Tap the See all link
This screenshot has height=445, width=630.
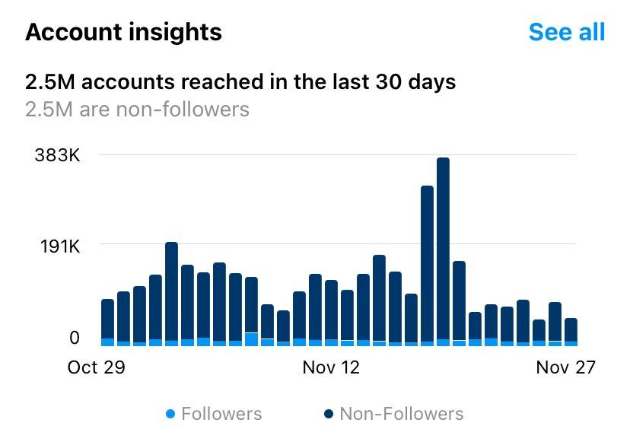coord(566,32)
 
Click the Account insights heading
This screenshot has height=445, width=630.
coord(123,32)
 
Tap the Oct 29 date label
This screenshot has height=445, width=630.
coord(96,367)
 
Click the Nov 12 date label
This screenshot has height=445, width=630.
coord(331,367)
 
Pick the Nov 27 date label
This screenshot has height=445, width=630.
coord(565,367)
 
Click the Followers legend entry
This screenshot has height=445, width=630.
coord(221,414)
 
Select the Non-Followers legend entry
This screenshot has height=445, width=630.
coord(401,414)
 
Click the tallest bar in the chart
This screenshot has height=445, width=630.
coord(443,251)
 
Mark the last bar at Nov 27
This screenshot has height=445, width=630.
coord(571,332)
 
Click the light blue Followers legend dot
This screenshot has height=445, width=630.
coord(170,414)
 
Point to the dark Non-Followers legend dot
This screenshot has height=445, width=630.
coord(329,414)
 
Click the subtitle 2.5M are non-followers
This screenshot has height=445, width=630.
coord(137,109)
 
